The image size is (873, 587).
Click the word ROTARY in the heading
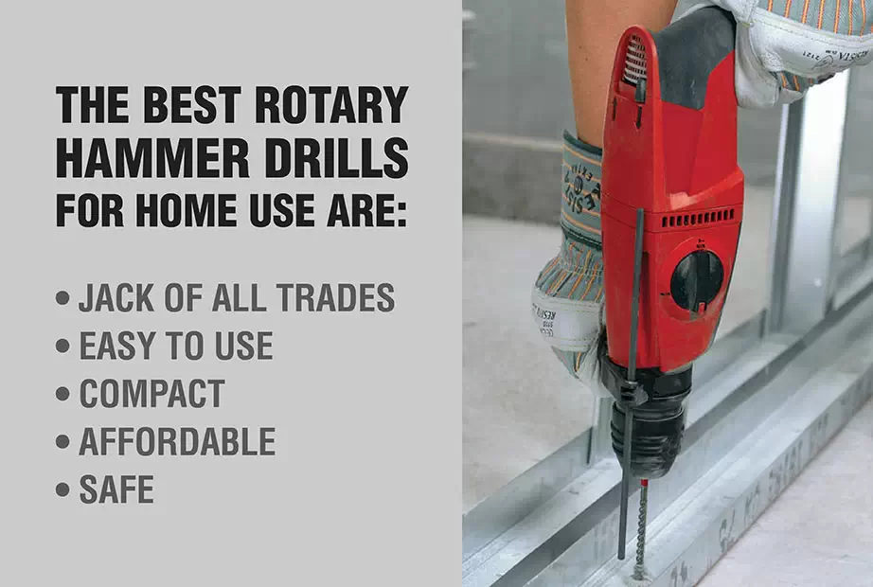coord(331,105)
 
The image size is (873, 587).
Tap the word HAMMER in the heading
coord(152,158)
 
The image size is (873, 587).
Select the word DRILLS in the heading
coord(336,158)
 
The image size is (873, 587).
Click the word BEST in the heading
coord(192,105)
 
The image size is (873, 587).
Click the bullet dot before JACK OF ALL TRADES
coord(62,298)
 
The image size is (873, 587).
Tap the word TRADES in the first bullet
coord(336,297)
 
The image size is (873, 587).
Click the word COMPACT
coord(152,394)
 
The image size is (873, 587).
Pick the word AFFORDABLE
coord(177,441)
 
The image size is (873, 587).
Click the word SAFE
coord(116,489)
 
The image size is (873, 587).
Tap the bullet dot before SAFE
coord(62,490)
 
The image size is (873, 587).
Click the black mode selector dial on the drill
coord(697,281)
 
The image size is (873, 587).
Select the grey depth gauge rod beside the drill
coord(630,384)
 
